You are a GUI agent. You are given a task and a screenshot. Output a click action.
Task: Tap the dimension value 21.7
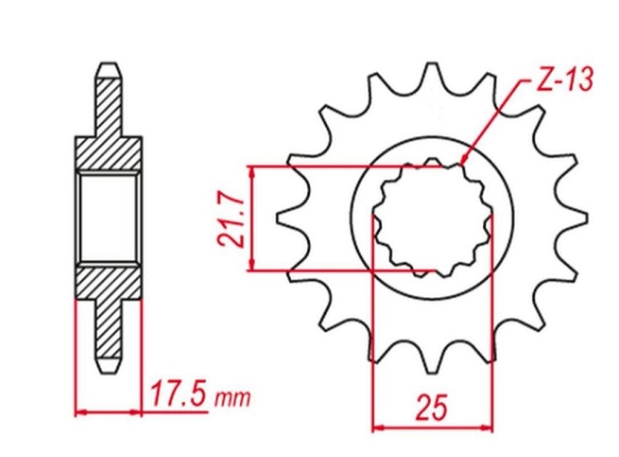232,220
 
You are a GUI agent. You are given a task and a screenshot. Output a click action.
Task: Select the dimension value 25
432,406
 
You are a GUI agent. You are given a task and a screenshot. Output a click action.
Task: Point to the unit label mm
232,399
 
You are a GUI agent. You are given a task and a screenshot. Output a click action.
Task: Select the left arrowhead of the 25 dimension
378,427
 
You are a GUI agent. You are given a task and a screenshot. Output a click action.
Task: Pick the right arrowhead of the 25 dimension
487,427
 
